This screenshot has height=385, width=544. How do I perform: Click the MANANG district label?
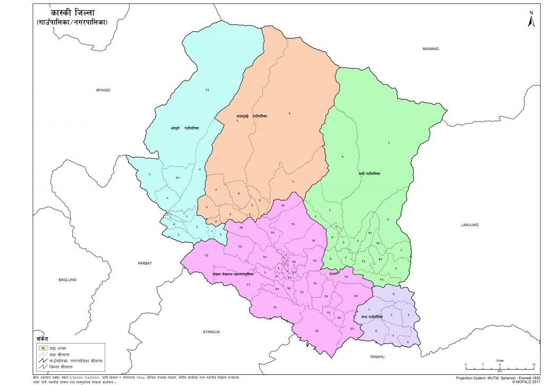point(431,49)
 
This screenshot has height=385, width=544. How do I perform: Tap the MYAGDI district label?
point(103,90)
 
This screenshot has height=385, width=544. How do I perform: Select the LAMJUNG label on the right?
point(470,225)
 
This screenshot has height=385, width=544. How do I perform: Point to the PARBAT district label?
point(145,263)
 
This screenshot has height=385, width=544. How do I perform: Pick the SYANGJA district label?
point(211,332)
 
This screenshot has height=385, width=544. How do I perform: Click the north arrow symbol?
point(530,20)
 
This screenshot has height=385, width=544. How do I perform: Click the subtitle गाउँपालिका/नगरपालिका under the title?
point(72,23)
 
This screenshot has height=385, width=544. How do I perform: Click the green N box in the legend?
point(37,347)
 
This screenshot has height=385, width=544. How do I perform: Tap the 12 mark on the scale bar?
point(533,364)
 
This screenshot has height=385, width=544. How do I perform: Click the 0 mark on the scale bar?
point(466,364)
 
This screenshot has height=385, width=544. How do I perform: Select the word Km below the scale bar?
point(499,371)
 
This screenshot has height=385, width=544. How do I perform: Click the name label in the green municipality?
point(369,174)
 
